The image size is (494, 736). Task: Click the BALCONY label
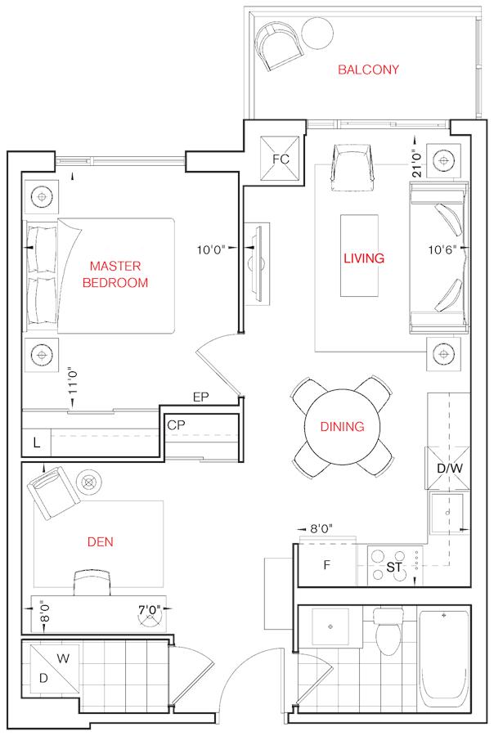point(368,70)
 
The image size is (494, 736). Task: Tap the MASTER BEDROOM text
point(115,274)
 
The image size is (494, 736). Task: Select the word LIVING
point(364,258)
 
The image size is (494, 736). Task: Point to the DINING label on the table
point(342,426)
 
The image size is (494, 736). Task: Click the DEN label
point(101,541)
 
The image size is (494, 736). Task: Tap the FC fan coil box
point(281,158)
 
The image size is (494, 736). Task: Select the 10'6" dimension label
point(442,249)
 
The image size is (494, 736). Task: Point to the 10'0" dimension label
point(211,249)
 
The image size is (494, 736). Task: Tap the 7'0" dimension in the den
point(150,610)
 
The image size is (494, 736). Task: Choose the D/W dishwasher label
point(449,468)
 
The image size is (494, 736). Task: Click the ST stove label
point(393,568)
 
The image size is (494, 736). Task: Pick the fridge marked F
point(327,565)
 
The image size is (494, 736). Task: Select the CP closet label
point(176,424)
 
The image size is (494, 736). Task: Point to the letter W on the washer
point(63,658)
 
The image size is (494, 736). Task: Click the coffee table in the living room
point(359,256)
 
